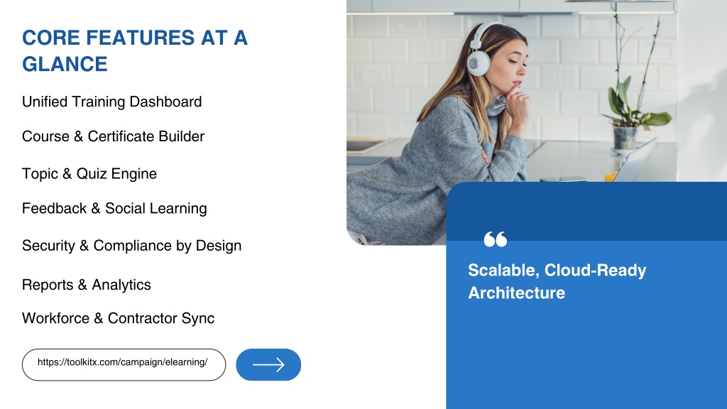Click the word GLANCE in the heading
click(65, 64)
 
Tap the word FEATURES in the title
click(141, 38)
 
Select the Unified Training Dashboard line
click(111, 102)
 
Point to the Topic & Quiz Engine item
click(89, 173)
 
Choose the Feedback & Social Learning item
click(114, 208)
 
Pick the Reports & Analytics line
click(87, 285)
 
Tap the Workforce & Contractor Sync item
click(119, 318)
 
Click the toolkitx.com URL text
click(122, 362)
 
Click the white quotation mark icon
click(495, 239)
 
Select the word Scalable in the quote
click(503, 271)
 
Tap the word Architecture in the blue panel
click(517, 293)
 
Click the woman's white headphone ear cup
click(478, 62)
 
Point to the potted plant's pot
click(625, 138)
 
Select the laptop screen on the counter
click(636, 160)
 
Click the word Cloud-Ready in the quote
click(596, 271)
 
